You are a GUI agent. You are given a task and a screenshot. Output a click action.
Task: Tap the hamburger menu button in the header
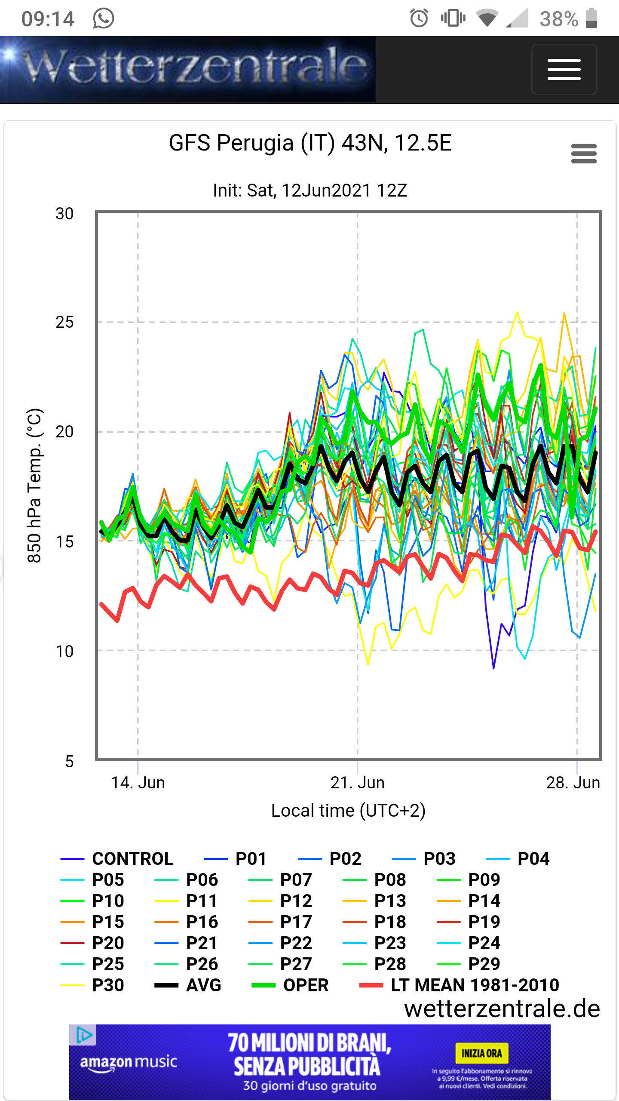tap(564, 69)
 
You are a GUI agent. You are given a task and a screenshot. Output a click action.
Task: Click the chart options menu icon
tap(584, 154)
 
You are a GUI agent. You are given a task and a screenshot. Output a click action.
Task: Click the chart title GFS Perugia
tap(310, 143)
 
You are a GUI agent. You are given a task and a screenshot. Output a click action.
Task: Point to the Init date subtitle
tap(310, 191)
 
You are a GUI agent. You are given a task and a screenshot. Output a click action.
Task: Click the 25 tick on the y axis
tap(64, 323)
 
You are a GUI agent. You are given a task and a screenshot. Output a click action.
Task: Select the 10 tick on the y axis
tap(64, 652)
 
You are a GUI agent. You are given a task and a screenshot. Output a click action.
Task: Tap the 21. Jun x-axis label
tap(357, 783)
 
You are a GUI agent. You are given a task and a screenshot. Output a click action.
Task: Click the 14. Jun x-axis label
tap(138, 783)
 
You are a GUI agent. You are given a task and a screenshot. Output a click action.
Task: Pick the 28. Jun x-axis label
tap(573, 783)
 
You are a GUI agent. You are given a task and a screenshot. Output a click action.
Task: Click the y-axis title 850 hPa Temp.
tap(34, 486)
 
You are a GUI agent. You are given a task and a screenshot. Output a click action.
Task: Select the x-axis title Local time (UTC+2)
tap(348, 811)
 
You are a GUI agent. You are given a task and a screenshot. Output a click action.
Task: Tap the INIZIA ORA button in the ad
tap(481, 1053)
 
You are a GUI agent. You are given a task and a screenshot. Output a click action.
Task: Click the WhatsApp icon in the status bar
tap(103, 18)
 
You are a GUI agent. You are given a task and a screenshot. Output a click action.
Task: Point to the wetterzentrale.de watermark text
tap(502, 1009)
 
